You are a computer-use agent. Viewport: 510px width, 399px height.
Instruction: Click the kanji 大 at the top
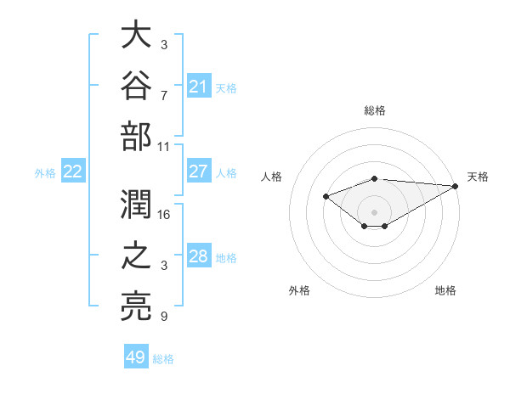pos(136,34)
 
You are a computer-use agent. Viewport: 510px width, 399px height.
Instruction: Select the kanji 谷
pos(136,85)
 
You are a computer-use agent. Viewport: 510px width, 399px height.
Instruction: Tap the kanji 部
pos(136,136)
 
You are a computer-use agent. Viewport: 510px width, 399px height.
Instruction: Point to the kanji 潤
pos(136,204)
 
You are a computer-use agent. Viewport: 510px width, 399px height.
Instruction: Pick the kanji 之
pos(136,255)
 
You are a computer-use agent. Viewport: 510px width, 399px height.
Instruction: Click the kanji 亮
pos(136,306)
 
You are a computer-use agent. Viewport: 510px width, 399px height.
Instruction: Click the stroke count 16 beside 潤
pos(163,215)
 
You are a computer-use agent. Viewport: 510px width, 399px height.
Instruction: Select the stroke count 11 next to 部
pos(163,147)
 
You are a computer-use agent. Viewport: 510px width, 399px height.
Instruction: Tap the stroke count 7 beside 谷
pos(164,96)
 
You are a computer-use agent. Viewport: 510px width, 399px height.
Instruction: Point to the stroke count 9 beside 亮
pos(164,316)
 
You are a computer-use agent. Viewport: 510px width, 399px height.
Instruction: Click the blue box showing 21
pos(199,86)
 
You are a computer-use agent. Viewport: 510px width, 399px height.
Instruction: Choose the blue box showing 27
pos(199,171)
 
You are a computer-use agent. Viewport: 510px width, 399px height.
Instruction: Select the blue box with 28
pos(199,255)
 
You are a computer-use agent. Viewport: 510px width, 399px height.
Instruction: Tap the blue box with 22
pos(73,171)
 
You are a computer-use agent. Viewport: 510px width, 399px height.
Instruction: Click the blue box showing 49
pos(136,356)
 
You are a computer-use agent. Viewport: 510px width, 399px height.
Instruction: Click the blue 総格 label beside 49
pos(163,359)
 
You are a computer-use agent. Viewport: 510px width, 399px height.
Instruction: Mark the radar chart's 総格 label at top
pos(375,110)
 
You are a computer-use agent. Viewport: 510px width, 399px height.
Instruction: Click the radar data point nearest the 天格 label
pos(456,186)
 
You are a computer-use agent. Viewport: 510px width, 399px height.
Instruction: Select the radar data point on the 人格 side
pos(326,196)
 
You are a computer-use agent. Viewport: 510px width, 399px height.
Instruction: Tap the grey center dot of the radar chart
pos(374,212)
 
